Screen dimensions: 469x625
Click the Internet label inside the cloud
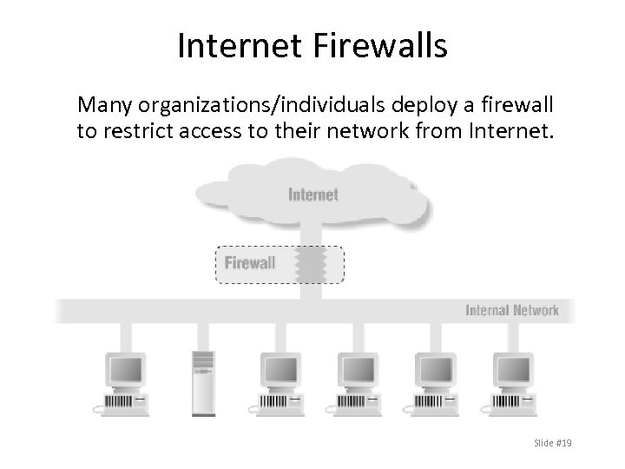tap(312, 195)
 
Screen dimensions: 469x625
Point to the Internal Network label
tap(512, 310)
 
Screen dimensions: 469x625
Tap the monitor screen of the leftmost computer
tap(123, 369)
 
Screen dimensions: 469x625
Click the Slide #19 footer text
tap(553, 444)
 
